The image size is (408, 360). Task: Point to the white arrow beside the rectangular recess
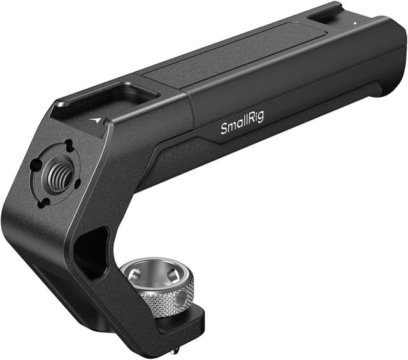pos(96,119)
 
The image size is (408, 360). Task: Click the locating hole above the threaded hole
pos(67,145)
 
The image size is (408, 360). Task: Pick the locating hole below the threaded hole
pos(46,203)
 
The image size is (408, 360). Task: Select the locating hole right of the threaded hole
pos(78,184)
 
